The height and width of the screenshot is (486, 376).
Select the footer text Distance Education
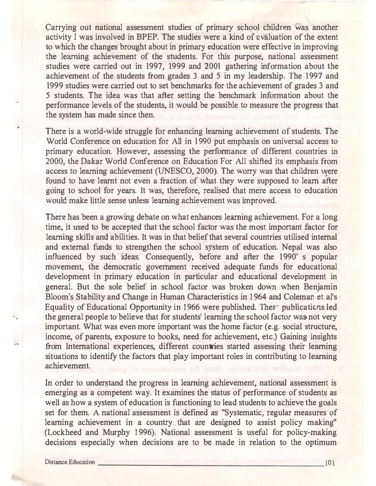(x=68, y=462)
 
